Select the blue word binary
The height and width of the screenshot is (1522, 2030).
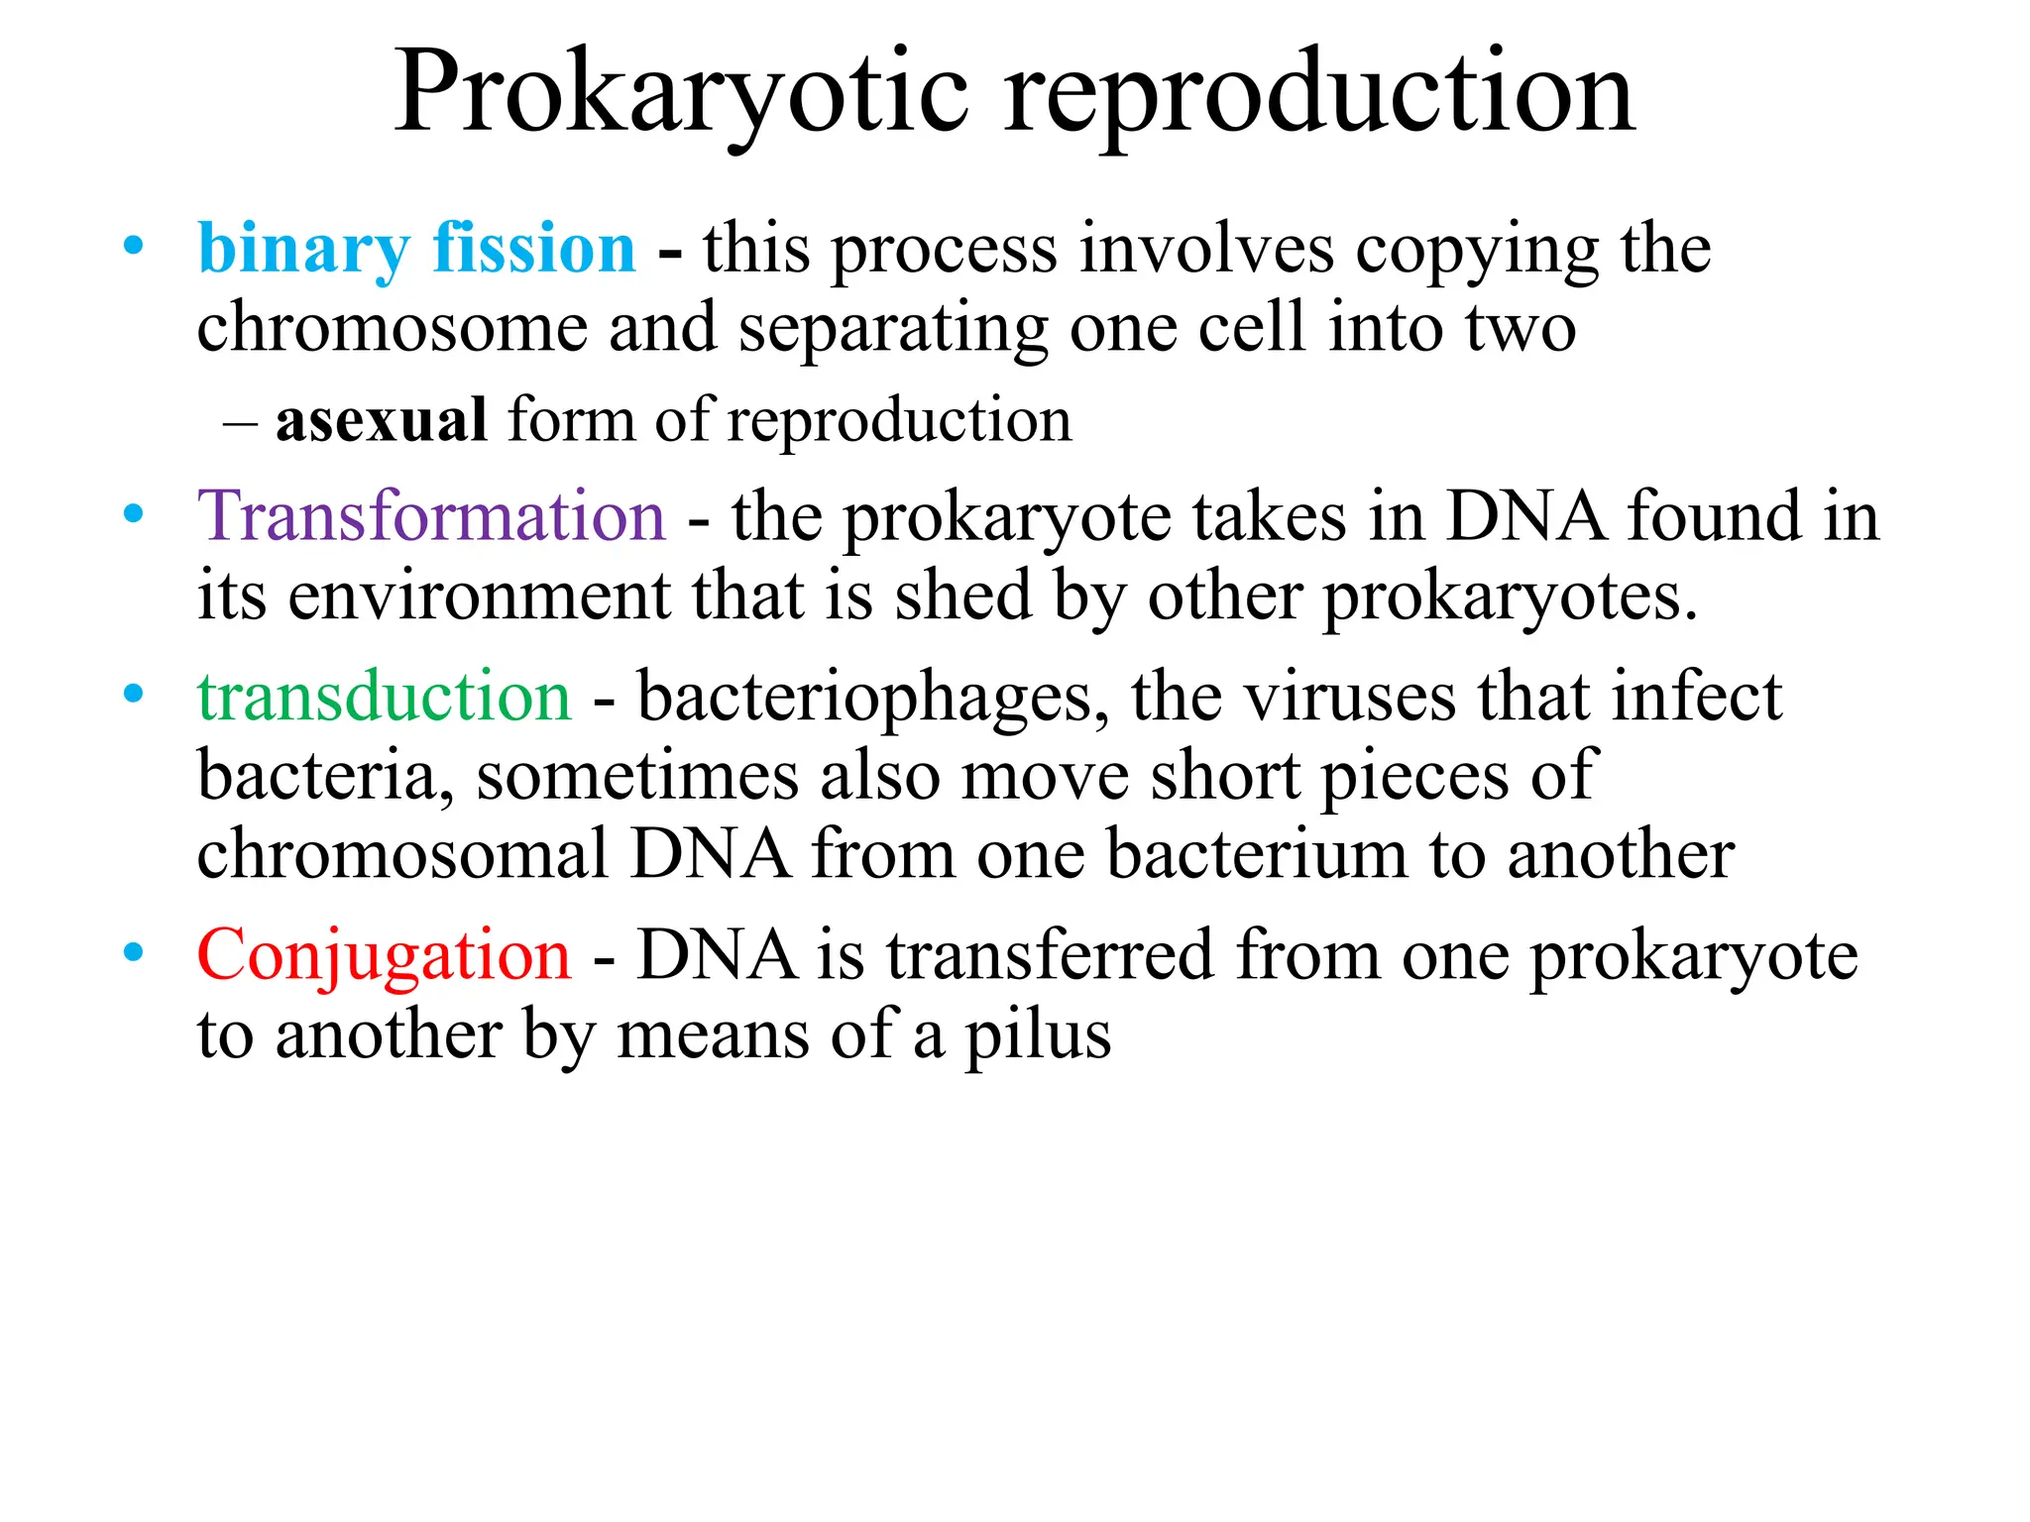tap(303, 249)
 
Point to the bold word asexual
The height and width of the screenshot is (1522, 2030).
tap(382, 420)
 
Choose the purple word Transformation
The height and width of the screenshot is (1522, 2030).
tap(431, 516)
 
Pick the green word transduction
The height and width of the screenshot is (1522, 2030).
tap(385, 697)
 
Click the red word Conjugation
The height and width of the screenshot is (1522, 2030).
tap(385, 955)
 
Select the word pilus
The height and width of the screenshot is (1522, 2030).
tap(1038, 1036)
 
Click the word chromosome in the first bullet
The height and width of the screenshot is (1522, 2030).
tap(393, 328)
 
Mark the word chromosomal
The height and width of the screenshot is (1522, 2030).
tap(402, 854)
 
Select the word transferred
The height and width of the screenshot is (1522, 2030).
tap(1050, 955)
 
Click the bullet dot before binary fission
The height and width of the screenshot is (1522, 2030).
tap(133, 245)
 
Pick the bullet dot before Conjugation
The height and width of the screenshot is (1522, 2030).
tap(133, 952)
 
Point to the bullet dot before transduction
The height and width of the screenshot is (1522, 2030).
tap(133, 694)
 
